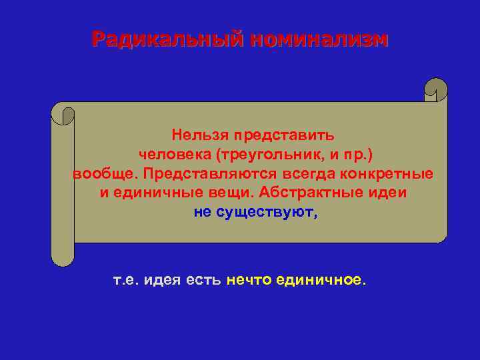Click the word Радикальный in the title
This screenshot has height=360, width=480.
[x=166, y=39]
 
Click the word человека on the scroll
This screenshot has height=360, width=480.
[x=174, y=155]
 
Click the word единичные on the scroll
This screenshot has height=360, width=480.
[x=148, y=193]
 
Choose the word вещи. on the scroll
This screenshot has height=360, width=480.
[x=217, y=193]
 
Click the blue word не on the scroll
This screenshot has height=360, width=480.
[x=202, y=213]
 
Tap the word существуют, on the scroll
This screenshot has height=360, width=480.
[x=267, y=213]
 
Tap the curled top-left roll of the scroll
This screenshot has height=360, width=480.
[x=63, y=113]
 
